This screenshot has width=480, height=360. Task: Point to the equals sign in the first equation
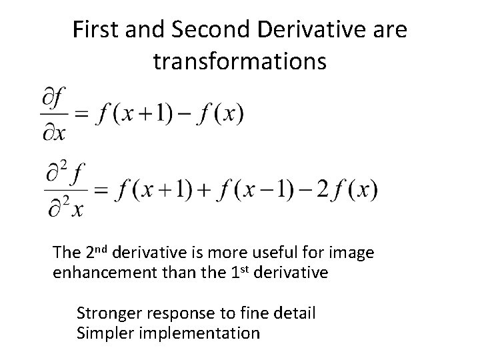click(x=81, y=115)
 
